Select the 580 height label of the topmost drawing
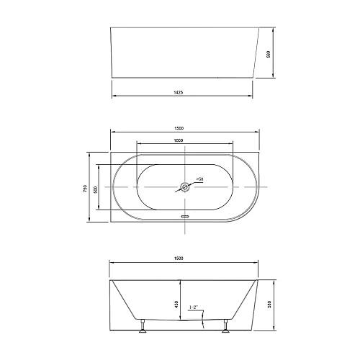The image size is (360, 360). (x=268, y=53)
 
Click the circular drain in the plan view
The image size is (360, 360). (x=186, y=189)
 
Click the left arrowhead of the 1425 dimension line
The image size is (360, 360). (x=112, y=97)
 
